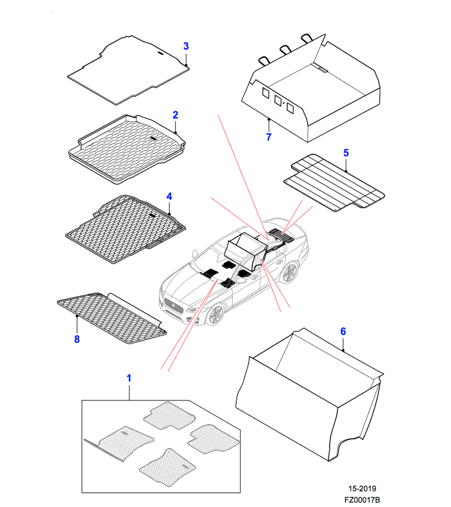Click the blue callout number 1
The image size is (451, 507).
pyautogui.click(x=129, y=378)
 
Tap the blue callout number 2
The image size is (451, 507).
pyautogui.click(x=175, y=115)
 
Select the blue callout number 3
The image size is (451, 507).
pyautogui.click(x=186, y=46)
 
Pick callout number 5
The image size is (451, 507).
pyautogui.click(x=346, y=152)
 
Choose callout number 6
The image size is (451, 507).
pyautogui.click(x=343, y=332)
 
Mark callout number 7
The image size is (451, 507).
pyautogui.click(x=269, y=136)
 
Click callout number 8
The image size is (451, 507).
pyautogui.click(x=77, y=339)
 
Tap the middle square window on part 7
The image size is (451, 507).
pyautogui.click(x=278, y=100)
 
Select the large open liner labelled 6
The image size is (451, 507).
pyautogui.click(x=309, y=390)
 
